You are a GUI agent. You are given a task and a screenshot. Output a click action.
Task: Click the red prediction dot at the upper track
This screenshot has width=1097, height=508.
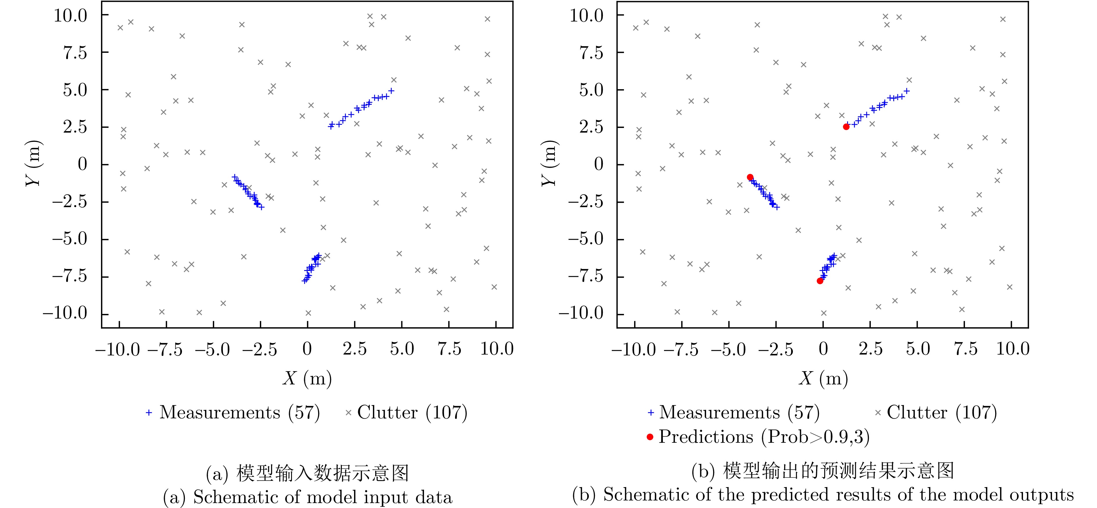(x=846, y=126)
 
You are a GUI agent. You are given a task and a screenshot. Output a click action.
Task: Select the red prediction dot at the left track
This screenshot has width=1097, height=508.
(x=750, y=177)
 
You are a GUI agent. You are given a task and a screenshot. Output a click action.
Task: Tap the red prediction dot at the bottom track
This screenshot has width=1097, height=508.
(x=820, y=281)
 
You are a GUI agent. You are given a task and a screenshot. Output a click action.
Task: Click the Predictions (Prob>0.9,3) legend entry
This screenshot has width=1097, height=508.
(x=758, y=437)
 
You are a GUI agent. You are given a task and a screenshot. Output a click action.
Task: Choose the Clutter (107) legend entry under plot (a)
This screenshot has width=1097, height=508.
(x=407, y=412)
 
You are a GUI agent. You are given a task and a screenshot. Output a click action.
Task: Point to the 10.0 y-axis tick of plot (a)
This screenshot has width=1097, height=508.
(x=70, y=16)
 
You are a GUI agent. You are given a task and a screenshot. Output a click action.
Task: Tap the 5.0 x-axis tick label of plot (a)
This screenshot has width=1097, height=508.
(x=402, y=349)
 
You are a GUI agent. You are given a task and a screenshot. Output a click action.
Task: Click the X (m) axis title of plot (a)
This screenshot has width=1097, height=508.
(x=307, y=378)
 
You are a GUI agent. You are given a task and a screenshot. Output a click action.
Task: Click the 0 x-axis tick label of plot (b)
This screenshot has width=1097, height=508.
(x=823, y=349)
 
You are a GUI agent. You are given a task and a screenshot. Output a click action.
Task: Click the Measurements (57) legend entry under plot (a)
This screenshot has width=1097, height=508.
(x=233, y=412)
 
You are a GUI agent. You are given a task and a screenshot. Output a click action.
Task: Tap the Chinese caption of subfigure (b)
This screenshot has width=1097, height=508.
(x=823, y=471)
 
